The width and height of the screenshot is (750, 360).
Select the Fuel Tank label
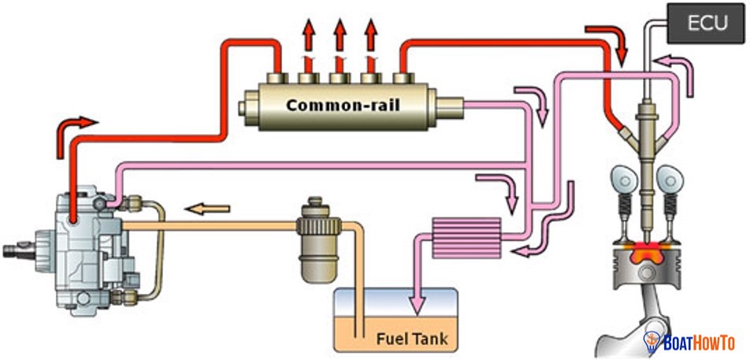tap(411, 340)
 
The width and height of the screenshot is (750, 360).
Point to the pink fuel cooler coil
tap(466, 236)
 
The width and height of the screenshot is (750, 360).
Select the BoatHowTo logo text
tap(701, 343)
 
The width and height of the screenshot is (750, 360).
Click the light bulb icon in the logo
tap(652, 342)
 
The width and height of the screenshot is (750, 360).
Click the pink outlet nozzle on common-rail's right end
tap(450, 103)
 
